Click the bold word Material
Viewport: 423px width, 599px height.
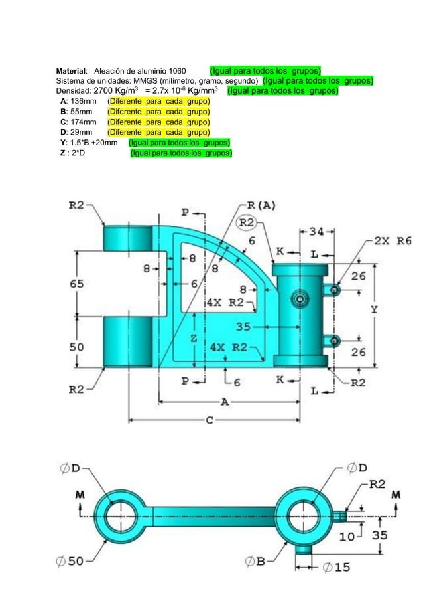point(72,71)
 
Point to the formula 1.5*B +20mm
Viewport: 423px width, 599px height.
point(94,143)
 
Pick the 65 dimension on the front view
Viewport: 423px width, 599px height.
point(77,284)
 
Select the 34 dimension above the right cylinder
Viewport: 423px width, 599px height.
point(316,232)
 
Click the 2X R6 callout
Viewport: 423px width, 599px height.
point(392,241)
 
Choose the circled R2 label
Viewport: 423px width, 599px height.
point(248,222)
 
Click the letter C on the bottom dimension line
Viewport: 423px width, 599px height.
point(209,420)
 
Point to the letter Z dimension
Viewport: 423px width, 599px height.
point(193,337)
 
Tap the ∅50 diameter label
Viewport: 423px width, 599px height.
point(71,561)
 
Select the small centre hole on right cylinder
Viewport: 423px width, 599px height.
point(300,300)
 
